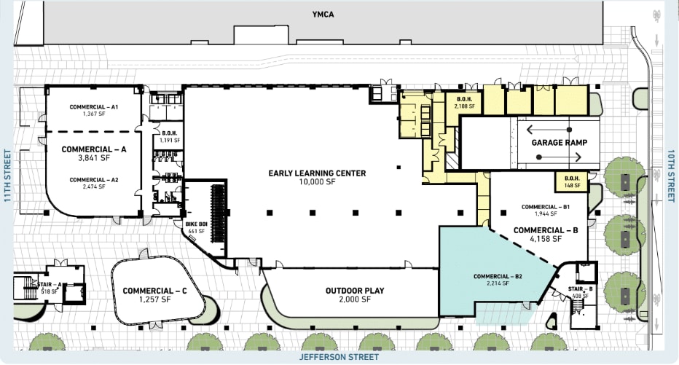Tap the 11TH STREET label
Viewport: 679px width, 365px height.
click(x=7, y=177)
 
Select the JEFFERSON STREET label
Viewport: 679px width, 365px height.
click(x=339, y=358)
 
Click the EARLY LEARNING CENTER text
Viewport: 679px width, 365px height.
click(x=317, y=173)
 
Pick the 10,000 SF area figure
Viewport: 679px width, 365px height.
click(x=317, y=182)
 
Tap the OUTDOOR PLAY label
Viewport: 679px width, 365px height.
click(x=355, y=291)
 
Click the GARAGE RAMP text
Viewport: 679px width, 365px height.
click(x=560, y=143)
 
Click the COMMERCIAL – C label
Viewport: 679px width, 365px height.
click(x=155, y=291)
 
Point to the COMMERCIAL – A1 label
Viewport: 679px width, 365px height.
click(x=94, y=107)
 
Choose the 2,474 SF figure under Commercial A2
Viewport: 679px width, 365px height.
click(x=94, y=187)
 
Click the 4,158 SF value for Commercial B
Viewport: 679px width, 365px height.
click(x=546, y=239)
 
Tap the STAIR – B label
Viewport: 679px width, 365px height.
click(x=581, y=289)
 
